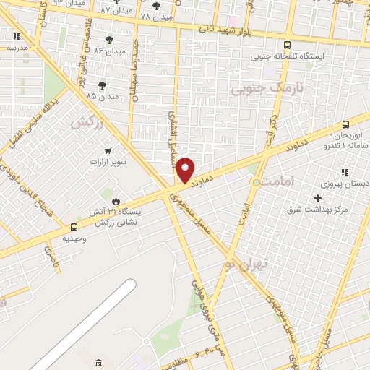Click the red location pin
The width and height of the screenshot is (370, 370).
click(x=186, y=170)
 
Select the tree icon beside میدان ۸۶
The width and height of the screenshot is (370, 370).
click(x=109, y=40)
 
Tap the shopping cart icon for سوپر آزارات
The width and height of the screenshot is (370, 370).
click(x=108, y=150)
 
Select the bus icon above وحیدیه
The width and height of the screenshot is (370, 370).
click(x=74, y=227)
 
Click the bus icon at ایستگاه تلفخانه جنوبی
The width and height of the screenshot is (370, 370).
click(x=288, y=45)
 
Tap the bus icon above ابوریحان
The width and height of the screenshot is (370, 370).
click(x=345, y=124)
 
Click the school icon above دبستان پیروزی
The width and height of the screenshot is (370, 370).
click(x=345, y=172)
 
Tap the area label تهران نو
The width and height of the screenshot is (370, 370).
click(x=245, y=264)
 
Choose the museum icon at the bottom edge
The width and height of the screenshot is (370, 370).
click(x=98, y=362)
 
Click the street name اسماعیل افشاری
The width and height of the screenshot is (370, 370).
click(x=172, y=133)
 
